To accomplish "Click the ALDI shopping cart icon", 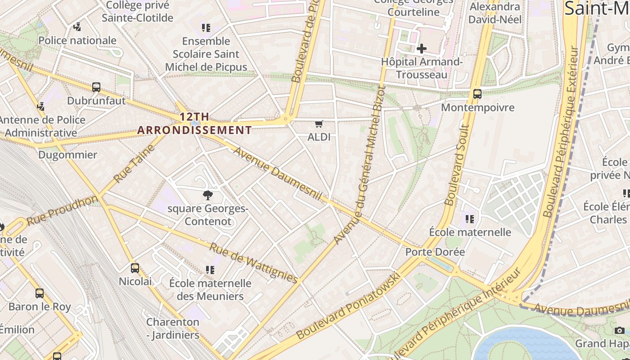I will click(319, 124).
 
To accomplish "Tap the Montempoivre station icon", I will click(477, 94).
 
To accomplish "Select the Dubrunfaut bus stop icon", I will click(96, 87).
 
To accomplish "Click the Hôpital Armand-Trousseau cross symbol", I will click(422, 48).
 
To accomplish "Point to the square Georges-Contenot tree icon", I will click(207, 195).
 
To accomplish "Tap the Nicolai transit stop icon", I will click(135, 268).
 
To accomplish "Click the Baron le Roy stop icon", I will click(40, 293).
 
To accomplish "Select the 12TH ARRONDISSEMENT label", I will click(194, 124).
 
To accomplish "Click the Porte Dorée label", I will click(435, 252).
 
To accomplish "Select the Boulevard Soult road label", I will click(457, 165).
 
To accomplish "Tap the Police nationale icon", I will click(77, 27).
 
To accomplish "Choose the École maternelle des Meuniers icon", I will click(210, 270).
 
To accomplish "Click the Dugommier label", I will click(67, 155).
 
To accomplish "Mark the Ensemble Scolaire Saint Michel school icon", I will click(206, 28).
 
